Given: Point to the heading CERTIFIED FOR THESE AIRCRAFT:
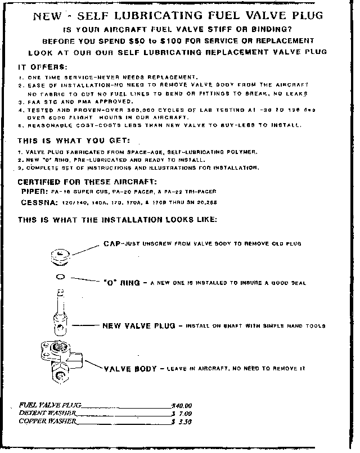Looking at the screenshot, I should tap(88, 182).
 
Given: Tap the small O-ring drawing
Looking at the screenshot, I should tap(60, 277).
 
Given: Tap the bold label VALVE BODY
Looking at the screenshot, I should tap(130, 369).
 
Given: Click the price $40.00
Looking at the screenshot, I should tap(182, 405).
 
